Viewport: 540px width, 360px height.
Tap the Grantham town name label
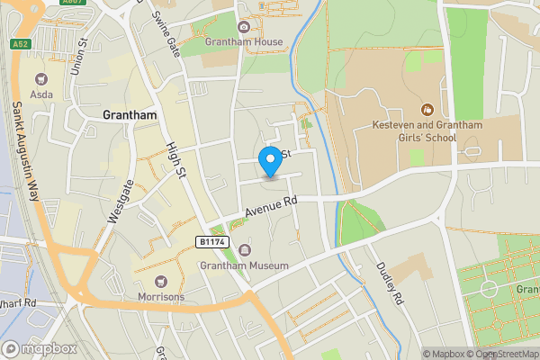(x=130, y=115)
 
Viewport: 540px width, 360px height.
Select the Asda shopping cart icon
(x=40, y=78)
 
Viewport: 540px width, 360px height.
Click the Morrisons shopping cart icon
(x=161, y=282)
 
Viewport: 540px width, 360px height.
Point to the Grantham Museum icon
(x=244, y=250)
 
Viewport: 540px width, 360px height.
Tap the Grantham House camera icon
(x=244, y=27)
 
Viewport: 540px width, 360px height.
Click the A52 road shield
(x=20, y=43)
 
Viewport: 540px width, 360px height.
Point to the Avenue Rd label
(x=271, y=209)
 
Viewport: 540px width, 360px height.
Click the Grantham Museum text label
(x=244, y=266)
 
